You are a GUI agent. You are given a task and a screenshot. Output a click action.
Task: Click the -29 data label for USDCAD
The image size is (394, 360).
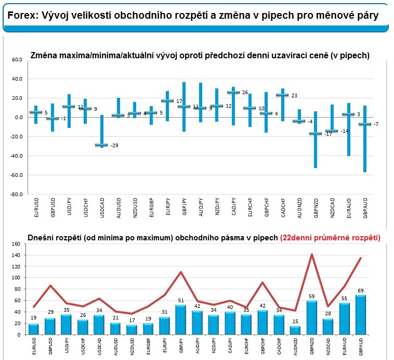(x=114, y=145)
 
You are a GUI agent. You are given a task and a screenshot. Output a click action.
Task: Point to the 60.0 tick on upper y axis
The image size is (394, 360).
(x=17, y=60)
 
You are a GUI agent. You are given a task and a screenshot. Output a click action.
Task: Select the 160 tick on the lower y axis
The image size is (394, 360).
(x=15, y=243)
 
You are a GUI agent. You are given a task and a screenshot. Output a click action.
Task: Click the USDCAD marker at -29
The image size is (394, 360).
(x=101, y=145)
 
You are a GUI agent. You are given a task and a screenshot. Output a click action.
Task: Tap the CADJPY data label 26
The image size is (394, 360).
(x=245, y=92)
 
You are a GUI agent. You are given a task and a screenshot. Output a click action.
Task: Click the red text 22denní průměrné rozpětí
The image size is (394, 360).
(x=331, y=237)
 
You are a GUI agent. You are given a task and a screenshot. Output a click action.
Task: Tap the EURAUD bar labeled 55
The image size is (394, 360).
(x=345, y=319)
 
